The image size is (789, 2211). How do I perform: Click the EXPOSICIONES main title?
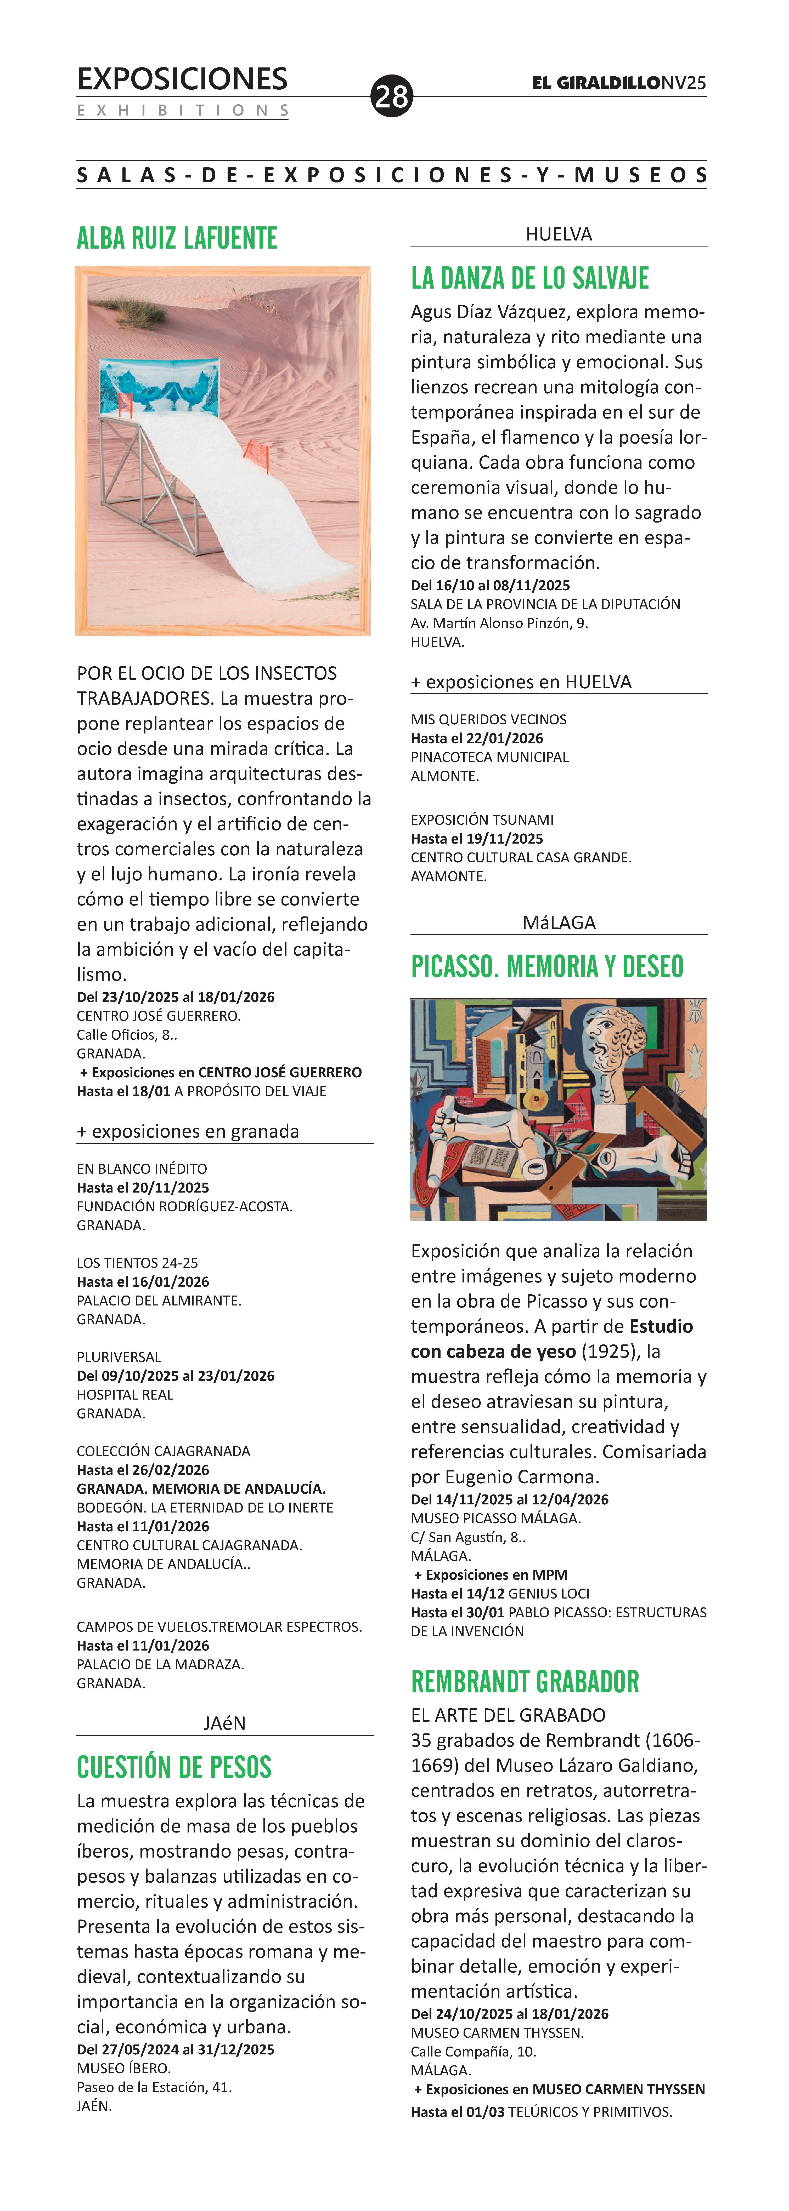(182, 79)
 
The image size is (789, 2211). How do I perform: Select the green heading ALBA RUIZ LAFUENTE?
(177, 238)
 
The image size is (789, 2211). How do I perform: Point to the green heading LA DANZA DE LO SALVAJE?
(530, 278)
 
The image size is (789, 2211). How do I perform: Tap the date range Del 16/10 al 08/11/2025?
(490, 585)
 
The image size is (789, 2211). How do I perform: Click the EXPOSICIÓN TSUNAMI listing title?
(482, 820)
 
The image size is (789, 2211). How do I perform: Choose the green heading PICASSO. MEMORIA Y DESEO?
(547, 966)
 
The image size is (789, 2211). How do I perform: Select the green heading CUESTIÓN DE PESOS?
(174, 1767)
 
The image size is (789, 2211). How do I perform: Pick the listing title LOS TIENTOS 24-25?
(137, 1263)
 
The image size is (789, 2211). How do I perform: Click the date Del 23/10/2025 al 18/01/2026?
(176, 996)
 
